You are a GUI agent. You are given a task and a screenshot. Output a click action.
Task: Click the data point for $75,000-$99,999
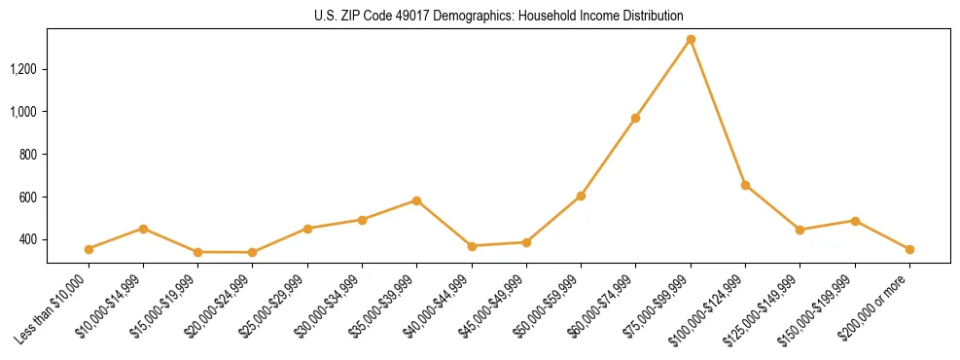pyautogui.click(x=691, y=40)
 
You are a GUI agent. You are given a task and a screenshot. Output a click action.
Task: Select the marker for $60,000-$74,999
pyautogui.click(x=635, y=119)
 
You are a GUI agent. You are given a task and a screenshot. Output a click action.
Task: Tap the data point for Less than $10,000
pyautogui.click(x=89, y=249)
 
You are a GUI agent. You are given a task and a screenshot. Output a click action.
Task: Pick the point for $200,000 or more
pyautogui.click(x=909, y=249)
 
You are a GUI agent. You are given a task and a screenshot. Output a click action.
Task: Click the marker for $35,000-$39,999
pyautogui.click(x=416, y=200)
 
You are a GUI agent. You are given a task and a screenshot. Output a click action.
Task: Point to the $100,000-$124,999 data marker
pyautogui.click(x=745, y=185)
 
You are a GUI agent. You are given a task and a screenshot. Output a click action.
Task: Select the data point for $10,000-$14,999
pyautogui.click(x=143, y=229)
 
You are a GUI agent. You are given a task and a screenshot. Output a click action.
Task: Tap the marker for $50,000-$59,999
pyautogui.click(x=581, y=196)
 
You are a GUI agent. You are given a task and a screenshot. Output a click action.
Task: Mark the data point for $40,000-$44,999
pyautogui.click(x=472, y=246)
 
